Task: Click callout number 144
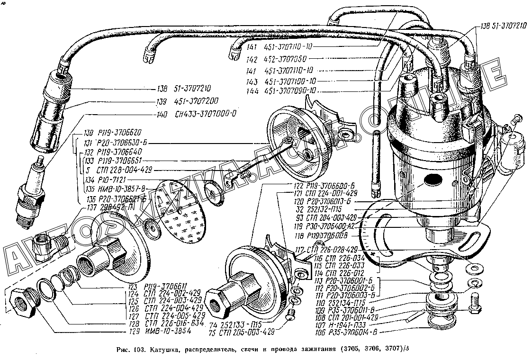pyautogui.click(x=252, y=91)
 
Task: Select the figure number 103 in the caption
pyautogui.click(x=138, y=350)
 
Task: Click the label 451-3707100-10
pyautogui.click(x=290, y=81)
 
